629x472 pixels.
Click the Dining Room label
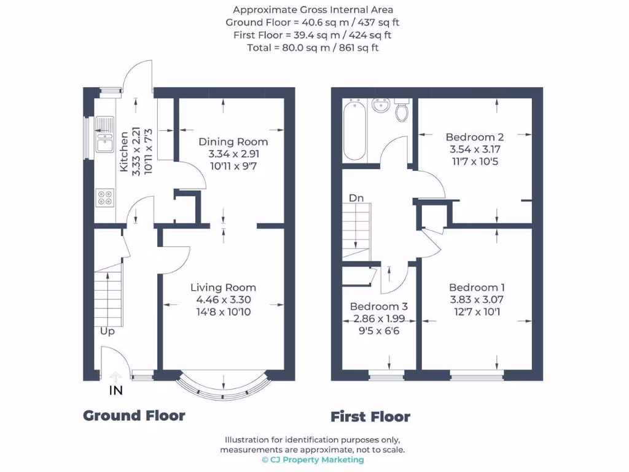(233, 142)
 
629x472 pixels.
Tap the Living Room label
(223, 288)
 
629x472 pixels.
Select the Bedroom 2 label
(475, 137)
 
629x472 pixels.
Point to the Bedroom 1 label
(477, 288)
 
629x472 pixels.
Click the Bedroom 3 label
(378, 307)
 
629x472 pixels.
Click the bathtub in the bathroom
(354, 132)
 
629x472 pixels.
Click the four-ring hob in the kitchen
(104, 198)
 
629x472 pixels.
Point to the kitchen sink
(104, 135)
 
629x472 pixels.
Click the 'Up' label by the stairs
(108, 331)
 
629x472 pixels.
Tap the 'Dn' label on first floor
(357, 198)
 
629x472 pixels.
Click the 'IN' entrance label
(115, 390)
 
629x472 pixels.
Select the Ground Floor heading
(134, 415)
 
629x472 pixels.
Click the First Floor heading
(370, 417)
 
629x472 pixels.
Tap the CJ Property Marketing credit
(313, 460)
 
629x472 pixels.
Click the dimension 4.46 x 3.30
(223, 300)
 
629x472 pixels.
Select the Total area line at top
(313, 47)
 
